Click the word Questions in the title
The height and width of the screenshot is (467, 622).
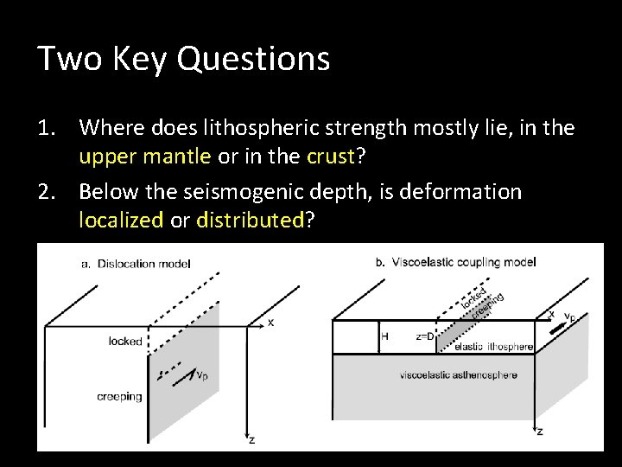[267, 59]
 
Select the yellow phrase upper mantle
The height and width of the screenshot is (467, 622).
[144, 156]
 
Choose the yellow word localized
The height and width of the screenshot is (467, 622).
[120, 220]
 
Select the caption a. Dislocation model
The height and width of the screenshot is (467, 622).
[136, 264]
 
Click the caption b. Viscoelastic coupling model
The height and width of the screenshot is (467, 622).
[455, 261]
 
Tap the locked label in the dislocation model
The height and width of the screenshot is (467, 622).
[125, 342]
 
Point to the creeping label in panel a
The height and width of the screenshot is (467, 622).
[119, 397]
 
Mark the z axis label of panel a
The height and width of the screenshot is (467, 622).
[251, 439]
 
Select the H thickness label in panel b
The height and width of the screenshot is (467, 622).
[385, 336]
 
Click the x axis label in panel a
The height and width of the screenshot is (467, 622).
[270, 323]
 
